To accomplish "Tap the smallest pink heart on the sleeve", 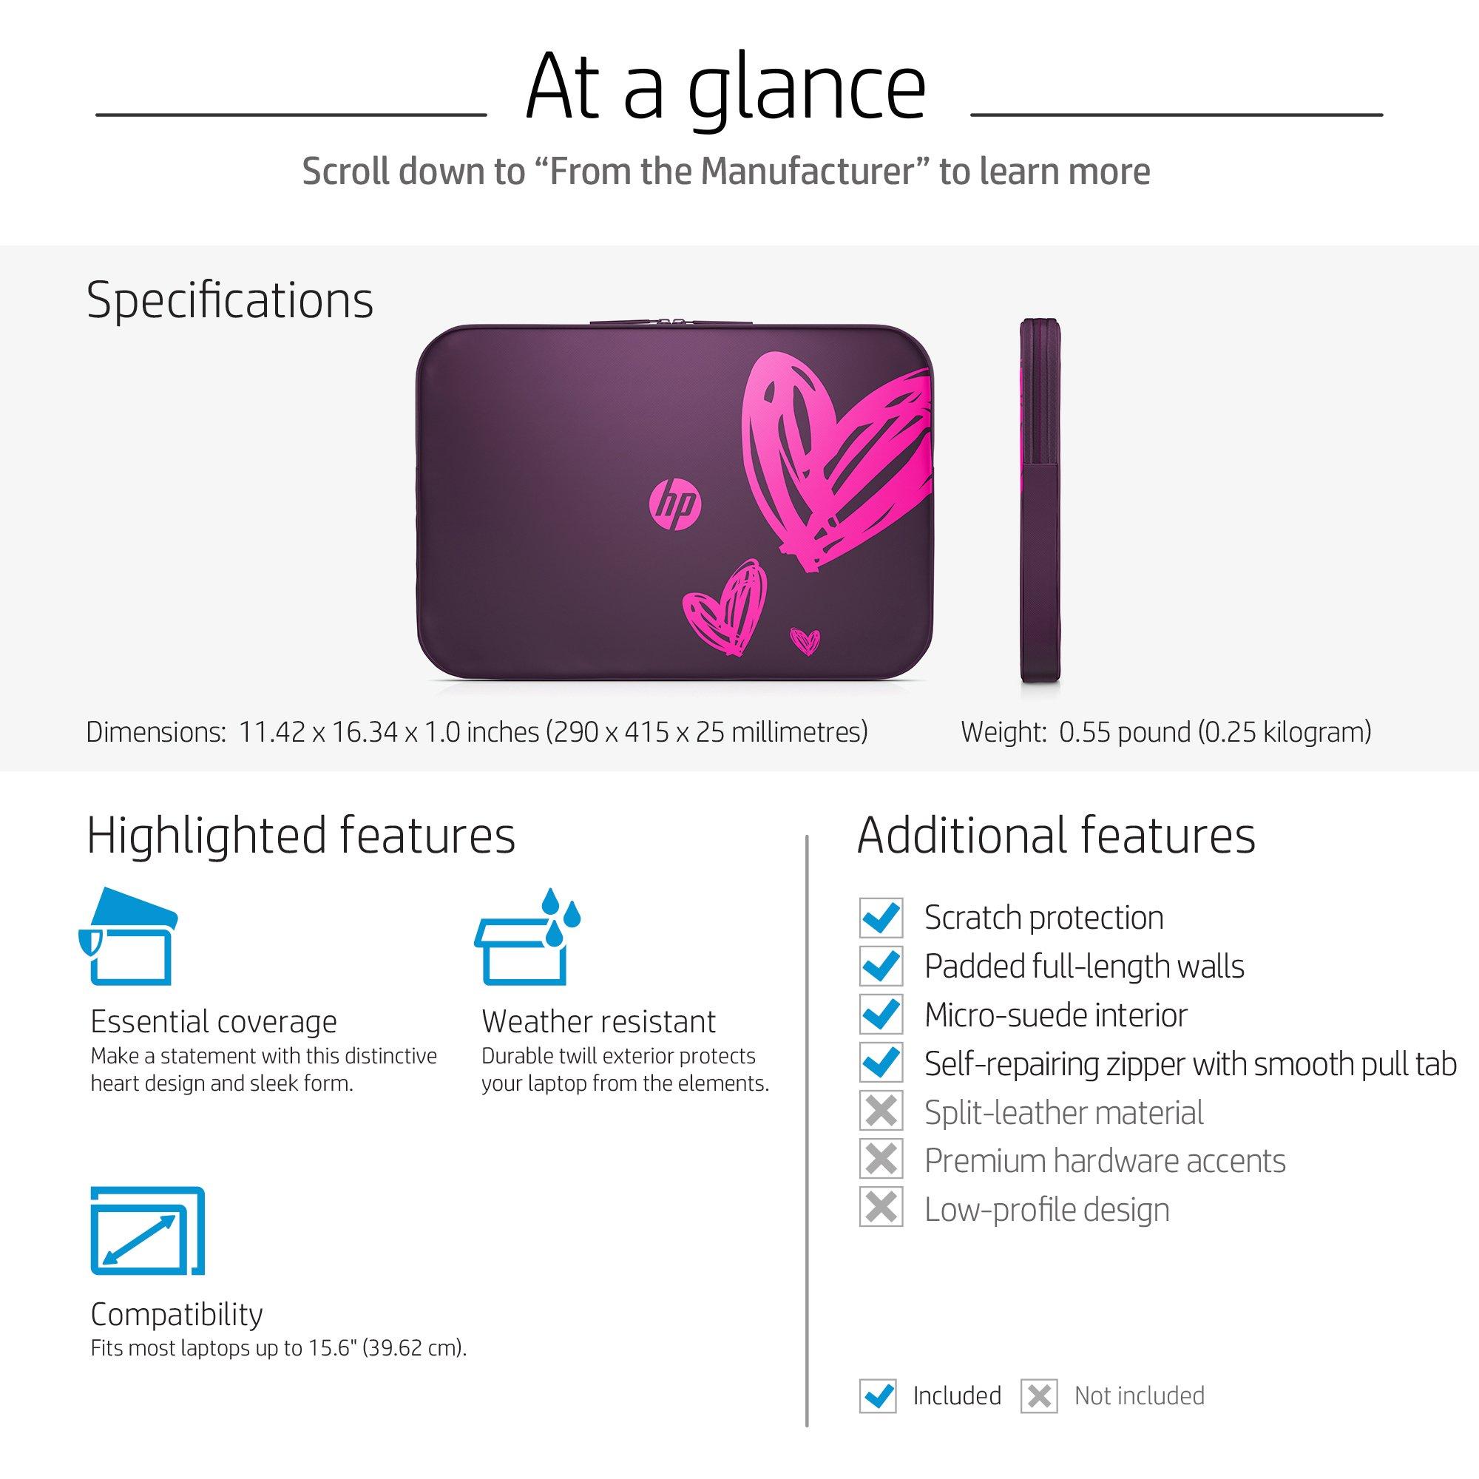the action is [x=805, y=640].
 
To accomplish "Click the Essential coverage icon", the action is [x=128, y=936].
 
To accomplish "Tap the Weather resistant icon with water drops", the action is [x=527, y=936].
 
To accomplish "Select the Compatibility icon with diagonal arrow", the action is [x=148, y=1231].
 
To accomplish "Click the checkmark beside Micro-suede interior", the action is [x=881, y=1015].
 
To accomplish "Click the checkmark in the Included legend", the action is [x=878, y=1396].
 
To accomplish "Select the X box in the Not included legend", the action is [x=1040, y=1396].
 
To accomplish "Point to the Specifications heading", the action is [x=230, y=299].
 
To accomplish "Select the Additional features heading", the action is [x=1057, y=834].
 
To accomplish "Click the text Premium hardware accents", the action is [x=1105, y=1161].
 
